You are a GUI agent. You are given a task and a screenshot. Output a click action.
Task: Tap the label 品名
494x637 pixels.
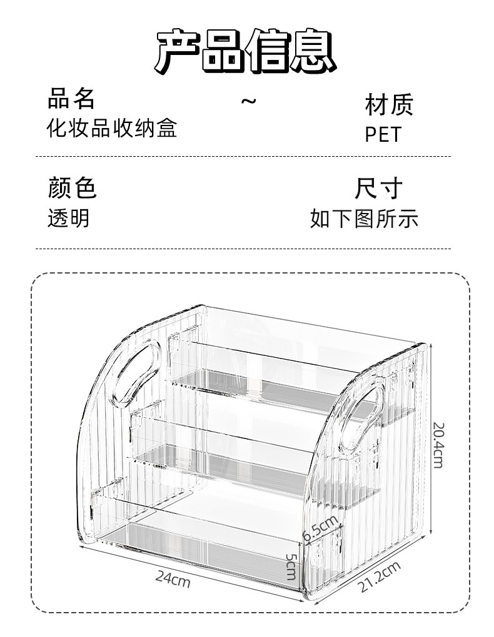(71, 99)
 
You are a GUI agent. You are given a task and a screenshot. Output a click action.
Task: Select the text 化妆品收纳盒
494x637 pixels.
(113, 128)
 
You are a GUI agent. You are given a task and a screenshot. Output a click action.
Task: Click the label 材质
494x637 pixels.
(389, 106)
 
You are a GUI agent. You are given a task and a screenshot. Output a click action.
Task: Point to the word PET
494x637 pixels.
(383, 135)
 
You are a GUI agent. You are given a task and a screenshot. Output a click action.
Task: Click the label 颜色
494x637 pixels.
(72, 187)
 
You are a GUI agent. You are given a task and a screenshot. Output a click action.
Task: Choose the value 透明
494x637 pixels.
(69, 218)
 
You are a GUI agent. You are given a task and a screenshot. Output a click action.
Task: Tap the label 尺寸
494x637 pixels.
(378, 188)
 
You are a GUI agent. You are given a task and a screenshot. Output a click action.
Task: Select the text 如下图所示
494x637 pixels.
(364, 219)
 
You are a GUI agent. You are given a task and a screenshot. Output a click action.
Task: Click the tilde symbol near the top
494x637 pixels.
(249, 101)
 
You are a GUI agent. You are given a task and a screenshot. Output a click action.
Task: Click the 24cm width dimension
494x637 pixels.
(173, 580)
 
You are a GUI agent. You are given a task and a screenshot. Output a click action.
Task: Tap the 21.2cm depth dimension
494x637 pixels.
(380, 578)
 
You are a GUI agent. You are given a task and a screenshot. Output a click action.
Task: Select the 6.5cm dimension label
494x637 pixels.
(320, 528)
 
